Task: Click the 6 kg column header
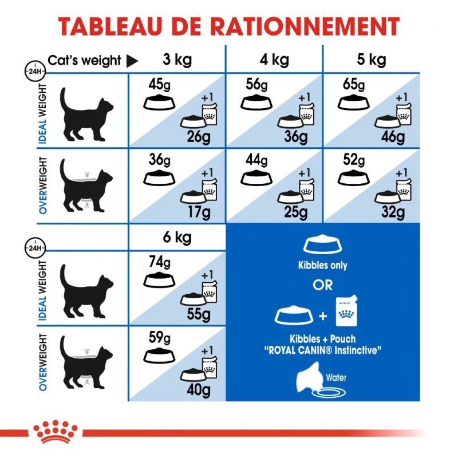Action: (x=177, y=237)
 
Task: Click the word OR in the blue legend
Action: (x=323, y=285)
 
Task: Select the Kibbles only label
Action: (x=323, y=266)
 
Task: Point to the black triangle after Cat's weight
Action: (x=132, y=61)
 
